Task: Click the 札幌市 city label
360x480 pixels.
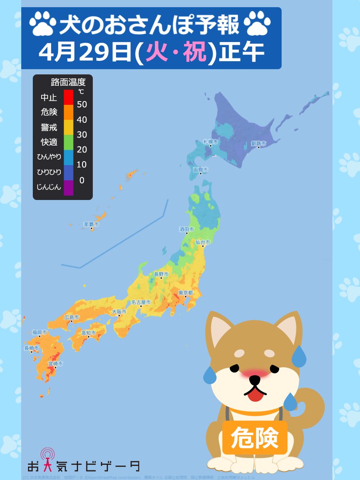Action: click(210, 142)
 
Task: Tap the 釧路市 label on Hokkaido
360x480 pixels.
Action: click(258, 143)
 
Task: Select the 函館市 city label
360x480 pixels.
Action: click(200, 170)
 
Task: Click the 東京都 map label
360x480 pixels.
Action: click(186, 293)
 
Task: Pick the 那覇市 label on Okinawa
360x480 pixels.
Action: click(91, 225)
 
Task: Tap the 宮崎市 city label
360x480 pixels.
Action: click(55, 364)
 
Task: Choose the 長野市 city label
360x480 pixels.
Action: click(161, 274)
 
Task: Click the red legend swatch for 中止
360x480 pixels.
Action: click(68, 97)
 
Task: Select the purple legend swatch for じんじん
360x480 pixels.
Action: click(68, 188)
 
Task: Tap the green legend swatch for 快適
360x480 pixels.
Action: click(68, 142)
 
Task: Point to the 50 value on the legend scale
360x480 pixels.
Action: click(82, 104)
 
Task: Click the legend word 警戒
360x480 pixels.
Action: click(49, 127)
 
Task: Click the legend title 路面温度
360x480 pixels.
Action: click(68, 83)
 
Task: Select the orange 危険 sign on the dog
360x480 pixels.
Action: click(255, 437)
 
